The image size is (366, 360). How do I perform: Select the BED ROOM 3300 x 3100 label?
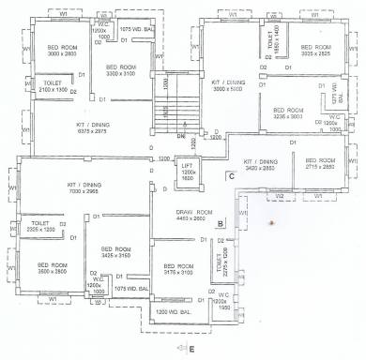(122, 70)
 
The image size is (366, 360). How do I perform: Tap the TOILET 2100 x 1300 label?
(53, 87)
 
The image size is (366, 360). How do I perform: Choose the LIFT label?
(189, 173)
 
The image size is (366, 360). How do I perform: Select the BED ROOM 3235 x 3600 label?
(289, 113)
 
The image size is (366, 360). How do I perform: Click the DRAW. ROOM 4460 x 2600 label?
(196, 216)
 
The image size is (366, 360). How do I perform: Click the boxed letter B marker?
(219, 223)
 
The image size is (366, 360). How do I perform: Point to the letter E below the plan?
(191, 350)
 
